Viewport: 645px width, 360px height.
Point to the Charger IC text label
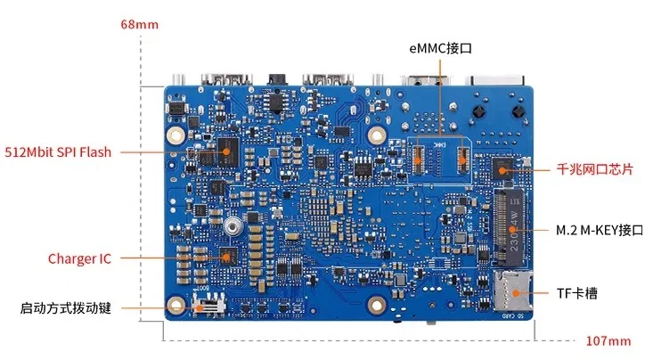79,258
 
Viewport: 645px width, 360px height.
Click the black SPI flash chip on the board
229,151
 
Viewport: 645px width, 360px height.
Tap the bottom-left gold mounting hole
176,305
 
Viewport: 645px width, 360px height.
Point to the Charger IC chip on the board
227,257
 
